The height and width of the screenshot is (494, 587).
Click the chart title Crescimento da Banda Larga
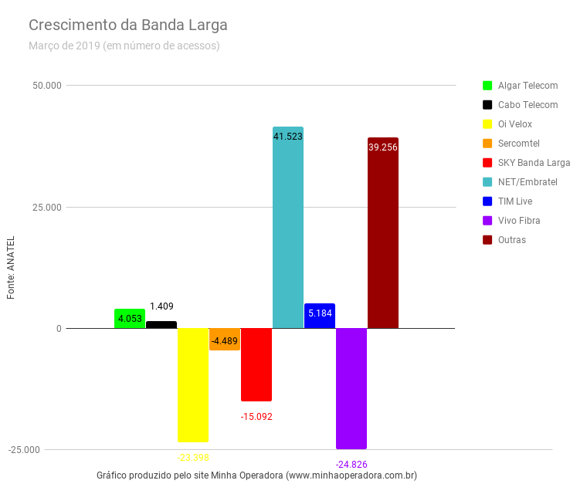coord(128,25)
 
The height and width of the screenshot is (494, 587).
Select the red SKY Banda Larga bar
coord(256,364)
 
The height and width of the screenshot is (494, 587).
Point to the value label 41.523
coord(288,137)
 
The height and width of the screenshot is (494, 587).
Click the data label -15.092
coord(256,417)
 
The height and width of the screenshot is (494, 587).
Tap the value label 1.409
coord(162,306)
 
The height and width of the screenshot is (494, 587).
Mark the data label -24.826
coord(351,464)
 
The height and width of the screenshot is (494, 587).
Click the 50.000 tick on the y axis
coord(47,85)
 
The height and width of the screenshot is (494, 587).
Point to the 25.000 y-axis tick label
coord(47,207)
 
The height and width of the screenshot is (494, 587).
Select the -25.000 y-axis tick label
coord(45,450)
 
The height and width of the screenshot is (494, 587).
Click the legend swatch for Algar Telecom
coord(487,86)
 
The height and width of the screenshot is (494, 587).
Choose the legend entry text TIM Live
coord(515,201)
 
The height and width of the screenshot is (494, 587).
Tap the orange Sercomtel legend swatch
coord(487,144)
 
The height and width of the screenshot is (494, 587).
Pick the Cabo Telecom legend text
coord(528,105)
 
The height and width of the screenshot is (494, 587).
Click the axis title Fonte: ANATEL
coord(12,267)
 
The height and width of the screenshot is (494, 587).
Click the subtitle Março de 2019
coord(124,46)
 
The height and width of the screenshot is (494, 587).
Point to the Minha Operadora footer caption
coord(256,475)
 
